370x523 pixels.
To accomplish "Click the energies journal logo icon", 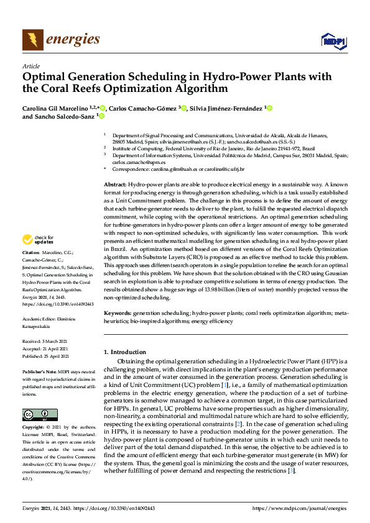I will tap(33, 40).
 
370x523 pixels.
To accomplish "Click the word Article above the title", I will tap(30, 66).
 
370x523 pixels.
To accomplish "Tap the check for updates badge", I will tap(38, 239).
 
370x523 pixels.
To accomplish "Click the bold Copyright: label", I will tap(34, 428).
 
